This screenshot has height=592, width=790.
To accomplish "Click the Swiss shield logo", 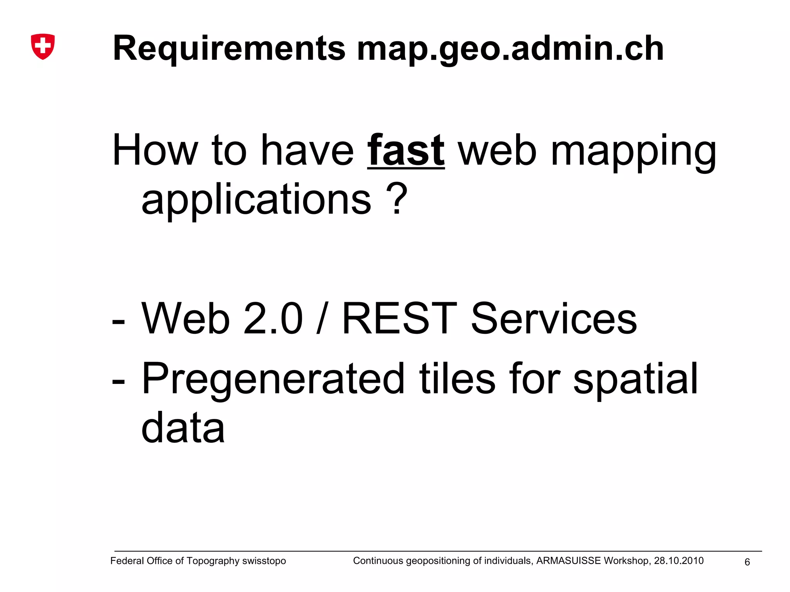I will click(x=43, y=46).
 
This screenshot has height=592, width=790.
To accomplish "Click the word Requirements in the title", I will click(x=229, y=49).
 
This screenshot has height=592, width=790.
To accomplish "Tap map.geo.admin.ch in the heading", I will click(x=510, y=49).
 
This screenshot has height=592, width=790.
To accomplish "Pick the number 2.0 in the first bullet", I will click(x=273, y=319).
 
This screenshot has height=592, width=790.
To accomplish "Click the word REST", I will click(x=400, y=319).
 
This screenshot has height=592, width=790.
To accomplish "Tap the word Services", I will click(x=554, y=319).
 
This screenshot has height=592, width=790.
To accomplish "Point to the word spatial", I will click(x=635, y=379).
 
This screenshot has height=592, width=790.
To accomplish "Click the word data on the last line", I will click(x=183, y=428).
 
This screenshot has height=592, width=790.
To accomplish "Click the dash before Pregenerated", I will click(x=118, y=381).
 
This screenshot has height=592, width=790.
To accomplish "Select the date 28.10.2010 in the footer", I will click(x=679, y=561).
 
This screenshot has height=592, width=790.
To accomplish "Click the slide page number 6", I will click(x=747, y=562).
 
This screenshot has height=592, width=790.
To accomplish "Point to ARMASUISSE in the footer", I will click(x=569, y=561).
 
